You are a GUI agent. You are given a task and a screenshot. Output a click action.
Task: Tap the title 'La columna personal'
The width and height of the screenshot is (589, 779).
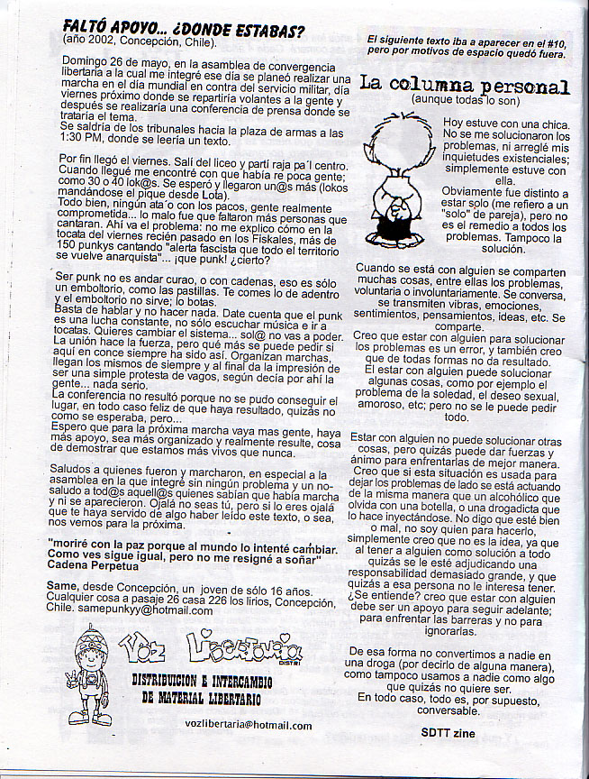point(465,86)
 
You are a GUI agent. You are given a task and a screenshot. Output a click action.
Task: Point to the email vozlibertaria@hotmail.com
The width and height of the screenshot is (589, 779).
point(248,725)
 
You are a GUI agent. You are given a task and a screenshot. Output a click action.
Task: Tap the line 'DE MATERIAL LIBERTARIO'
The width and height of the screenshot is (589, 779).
point(202,698)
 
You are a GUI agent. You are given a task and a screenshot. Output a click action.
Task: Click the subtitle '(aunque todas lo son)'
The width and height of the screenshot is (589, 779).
point(463,100)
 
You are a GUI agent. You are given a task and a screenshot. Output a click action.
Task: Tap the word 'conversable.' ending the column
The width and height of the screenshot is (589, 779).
point(456,709)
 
